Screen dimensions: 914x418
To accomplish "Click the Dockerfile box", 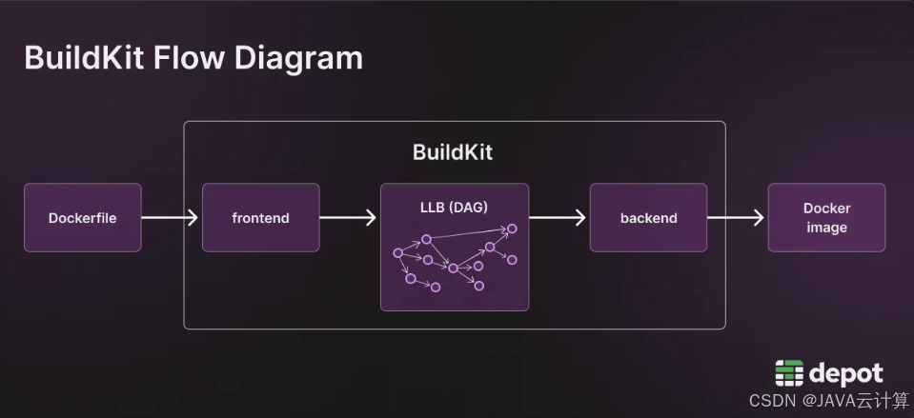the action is (x=83, y=218).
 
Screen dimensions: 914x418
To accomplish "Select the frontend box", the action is (x=260, y=218).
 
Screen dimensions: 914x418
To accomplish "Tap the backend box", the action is (x=648, y=218).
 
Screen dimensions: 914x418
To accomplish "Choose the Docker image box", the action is (x=826, y=218).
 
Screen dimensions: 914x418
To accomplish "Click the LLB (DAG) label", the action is (x=454, y=207).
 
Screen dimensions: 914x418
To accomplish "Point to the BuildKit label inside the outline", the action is (x=453, y=152).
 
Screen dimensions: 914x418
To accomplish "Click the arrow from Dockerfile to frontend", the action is (x=170, y=218).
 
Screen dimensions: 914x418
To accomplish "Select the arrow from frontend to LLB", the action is (x=348, y=218).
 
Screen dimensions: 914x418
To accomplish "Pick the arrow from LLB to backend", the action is (x=558, y=218).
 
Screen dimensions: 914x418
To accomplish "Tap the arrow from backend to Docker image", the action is (x=736, y=218).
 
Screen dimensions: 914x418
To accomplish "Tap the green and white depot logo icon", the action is (x=789, y=373).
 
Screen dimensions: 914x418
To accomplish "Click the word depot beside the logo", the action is (x=845, y=374).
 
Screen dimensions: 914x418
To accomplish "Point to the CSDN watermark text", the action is (x=829, y=401).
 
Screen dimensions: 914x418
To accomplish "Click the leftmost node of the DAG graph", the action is (x=398, y=252).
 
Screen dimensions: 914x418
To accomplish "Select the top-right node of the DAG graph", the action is (x=512, y=229).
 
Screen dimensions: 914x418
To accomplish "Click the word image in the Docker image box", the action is (x=826, y=228).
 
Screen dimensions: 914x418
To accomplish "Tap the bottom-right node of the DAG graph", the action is (x=479, y=286).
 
